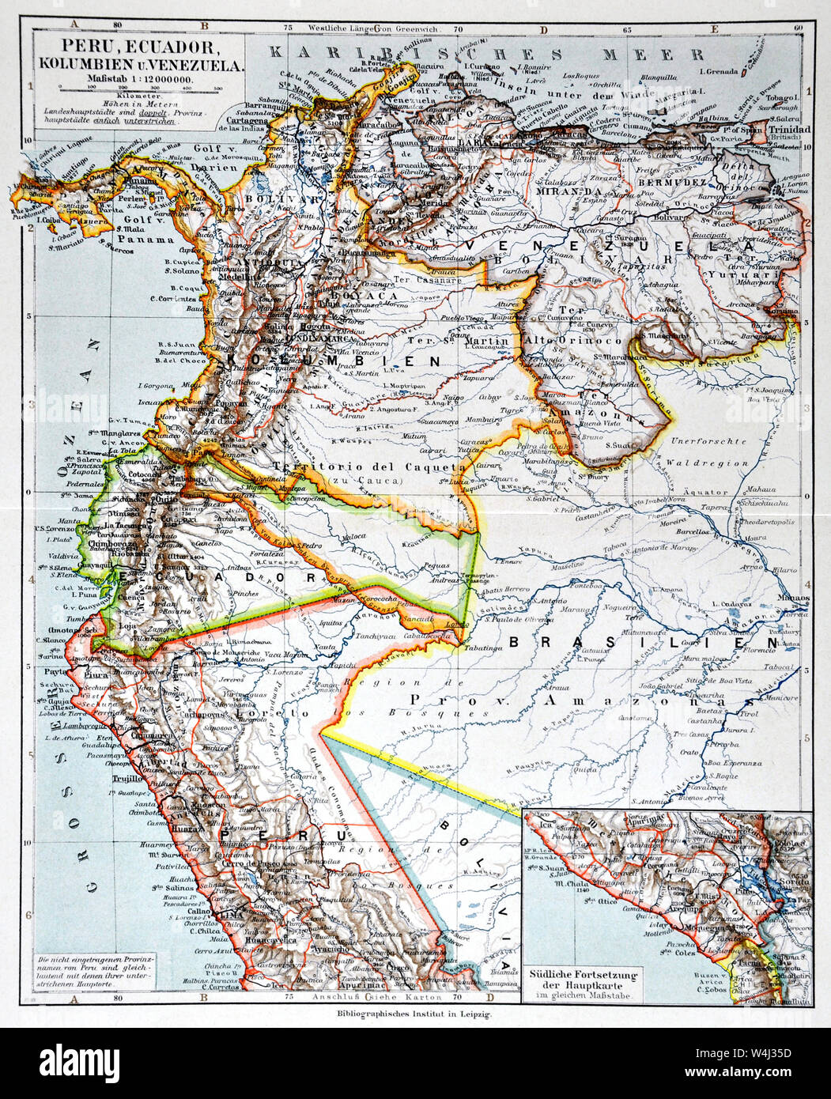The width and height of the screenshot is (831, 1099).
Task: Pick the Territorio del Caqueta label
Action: click(x=354, y=466)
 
